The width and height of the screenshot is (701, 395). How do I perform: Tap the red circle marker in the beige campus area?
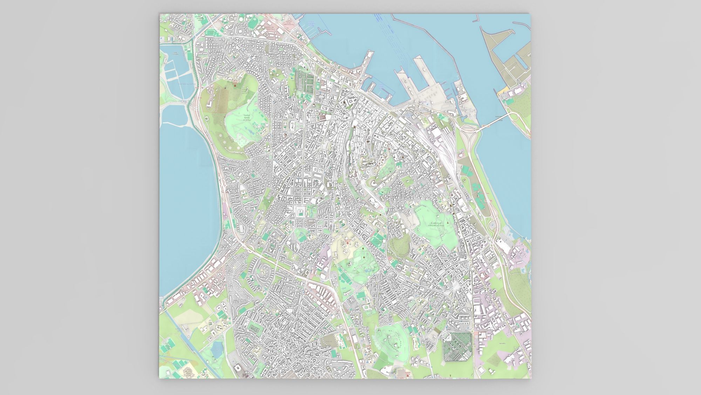[348, 243]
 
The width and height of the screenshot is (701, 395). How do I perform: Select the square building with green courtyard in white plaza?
[300, 212]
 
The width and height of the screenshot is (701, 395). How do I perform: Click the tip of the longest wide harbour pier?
[419, 60]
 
